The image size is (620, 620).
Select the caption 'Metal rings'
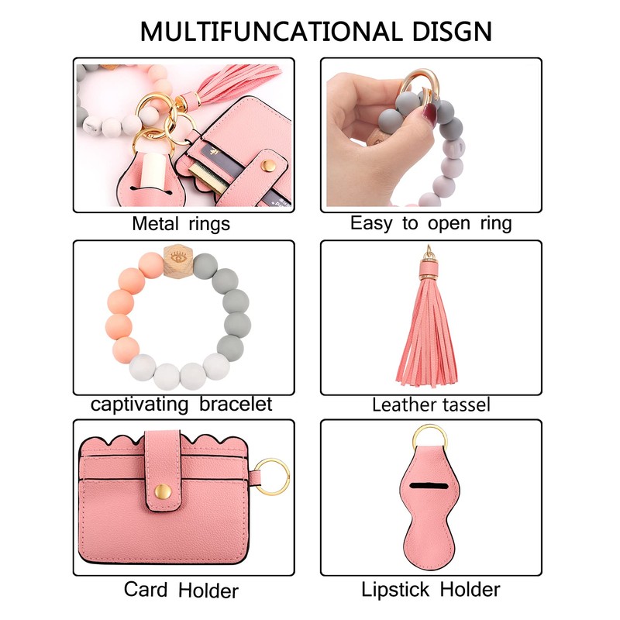tap(181, 225)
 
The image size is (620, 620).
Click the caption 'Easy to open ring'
tap(431, 224)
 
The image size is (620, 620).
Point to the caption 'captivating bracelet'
tap(181, 404)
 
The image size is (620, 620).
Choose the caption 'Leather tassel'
tap(431, 404)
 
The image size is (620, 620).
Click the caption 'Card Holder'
tap(181, 590)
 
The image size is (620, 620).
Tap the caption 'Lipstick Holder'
tap(431, 589)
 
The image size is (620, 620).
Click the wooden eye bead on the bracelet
tap(176, 256)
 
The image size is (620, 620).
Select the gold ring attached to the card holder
tap(274, 473)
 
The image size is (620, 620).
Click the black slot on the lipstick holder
tap(431, 487)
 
